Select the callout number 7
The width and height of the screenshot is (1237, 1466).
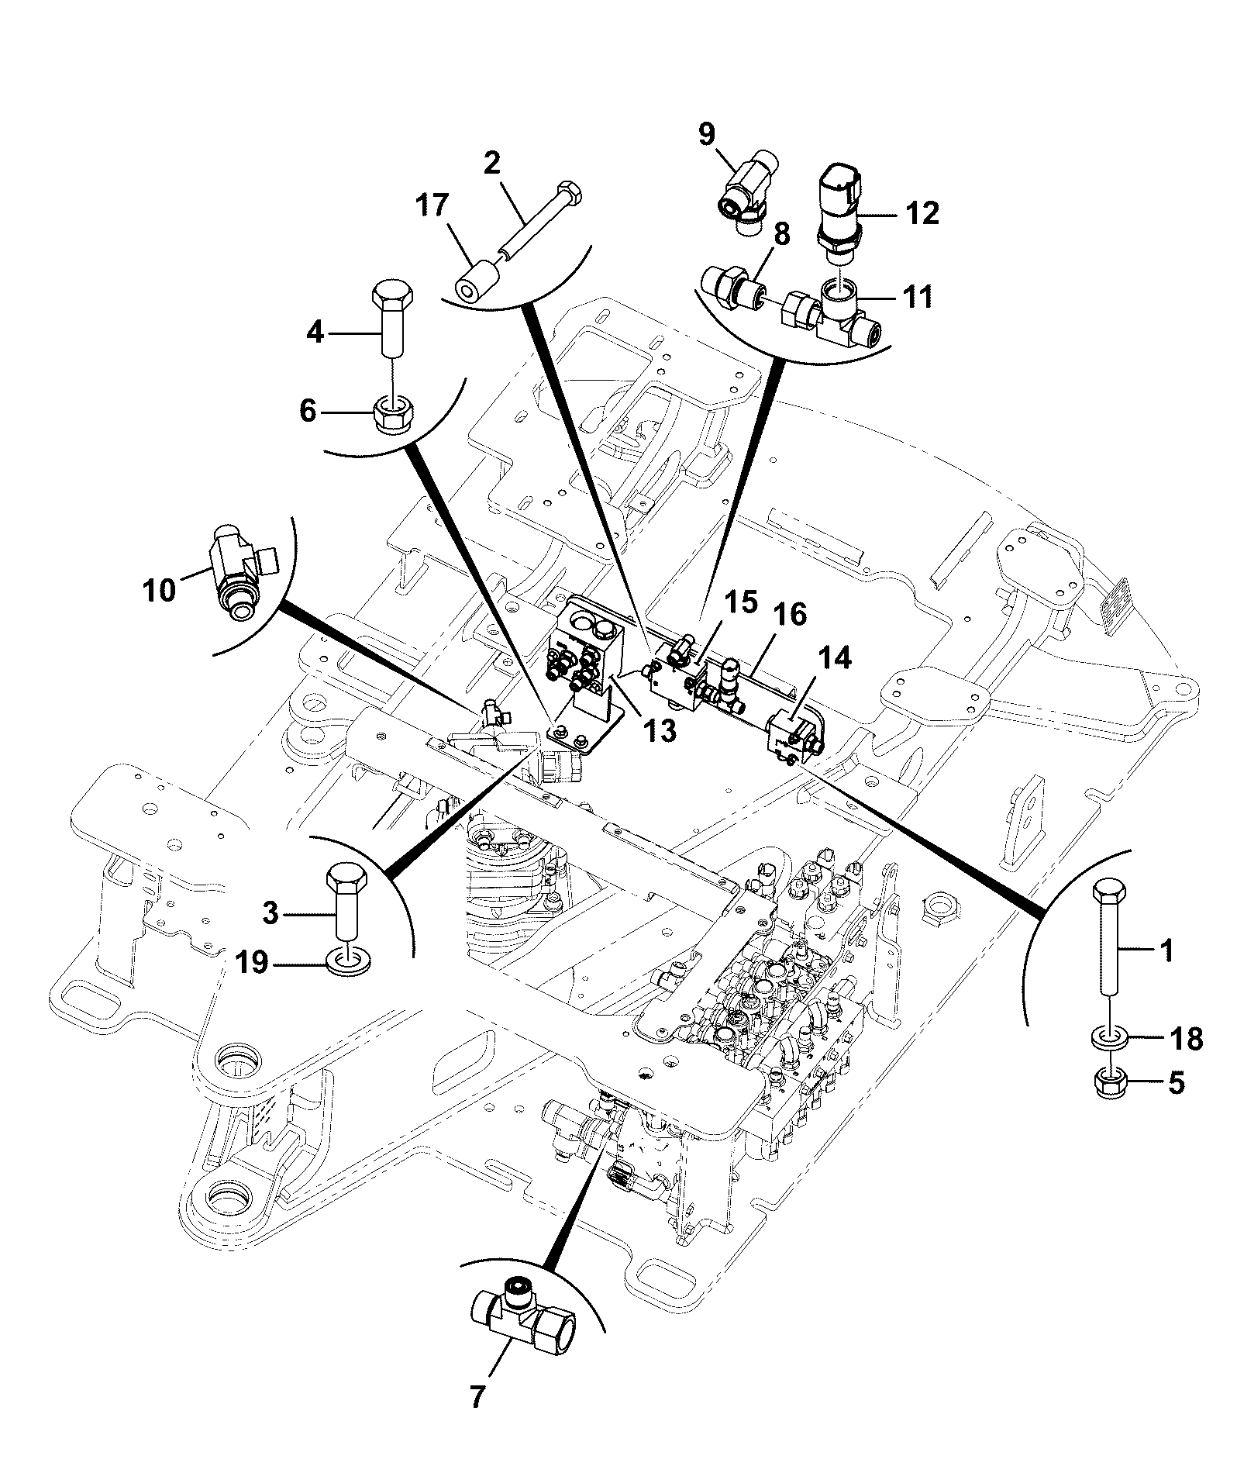pyautogui.click(x=477, y=1398)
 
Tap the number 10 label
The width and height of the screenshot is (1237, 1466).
pyautogui.click(x=159, y=591)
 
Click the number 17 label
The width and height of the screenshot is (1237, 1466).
pyautogui.click(x=432, y=205)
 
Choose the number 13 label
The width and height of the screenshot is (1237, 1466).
pyautogui.click(x=660, y=730)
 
